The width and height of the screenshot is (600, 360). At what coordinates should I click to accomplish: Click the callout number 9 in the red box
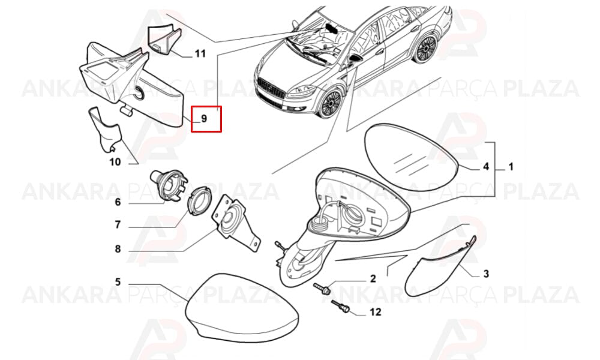[x=204, y=119]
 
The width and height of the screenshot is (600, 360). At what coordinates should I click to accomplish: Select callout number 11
[x=200, y=53]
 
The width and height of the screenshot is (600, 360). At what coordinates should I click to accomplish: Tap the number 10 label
[x=115, y=162]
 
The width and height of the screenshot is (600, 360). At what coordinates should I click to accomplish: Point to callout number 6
[x=118, y=202]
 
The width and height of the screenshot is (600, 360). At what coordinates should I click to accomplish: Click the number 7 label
[x=118, y=224]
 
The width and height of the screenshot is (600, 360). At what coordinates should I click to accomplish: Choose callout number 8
[x=118, y=249]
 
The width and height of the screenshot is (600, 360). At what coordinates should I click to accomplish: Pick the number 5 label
[x=118, y=282]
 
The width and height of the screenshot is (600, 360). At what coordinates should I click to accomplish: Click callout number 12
[x=376, y=312]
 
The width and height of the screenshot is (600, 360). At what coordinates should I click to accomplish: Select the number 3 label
[x=486, y=274]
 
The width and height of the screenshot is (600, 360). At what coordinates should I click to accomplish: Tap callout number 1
[x=511, y=167]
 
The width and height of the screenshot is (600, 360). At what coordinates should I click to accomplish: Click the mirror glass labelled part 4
[x=412, y=157]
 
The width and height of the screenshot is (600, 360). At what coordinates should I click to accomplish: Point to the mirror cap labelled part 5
[x=242, y=307]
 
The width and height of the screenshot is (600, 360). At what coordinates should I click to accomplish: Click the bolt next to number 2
[x=322, y=288]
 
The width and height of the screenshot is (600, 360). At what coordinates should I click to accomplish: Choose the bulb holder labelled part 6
[x=169, y=184]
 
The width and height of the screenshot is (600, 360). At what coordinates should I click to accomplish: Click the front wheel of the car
[x=330, y=104]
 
